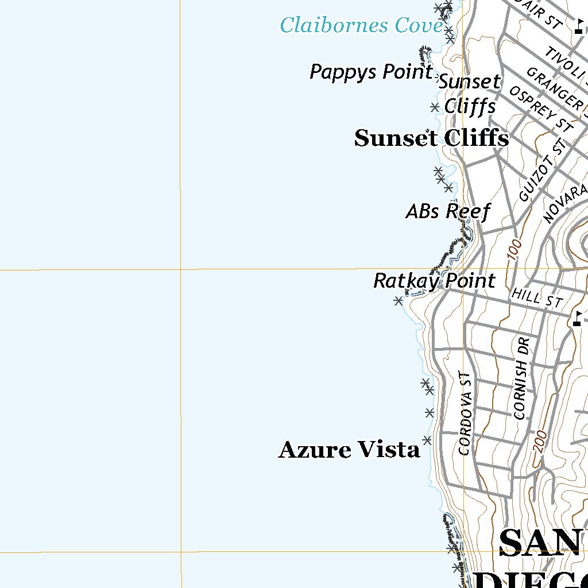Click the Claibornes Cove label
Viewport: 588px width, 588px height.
click(361, 25)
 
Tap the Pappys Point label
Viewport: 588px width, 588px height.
click(371, 72)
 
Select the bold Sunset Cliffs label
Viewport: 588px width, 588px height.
click(431, 138)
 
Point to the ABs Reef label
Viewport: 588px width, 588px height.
click(448, 211)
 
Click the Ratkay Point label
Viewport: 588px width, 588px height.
click(434, 281)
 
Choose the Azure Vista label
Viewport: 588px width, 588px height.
click(349, 450)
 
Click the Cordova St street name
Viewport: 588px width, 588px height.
click(466, 413)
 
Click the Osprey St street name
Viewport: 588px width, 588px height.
click(541, 109)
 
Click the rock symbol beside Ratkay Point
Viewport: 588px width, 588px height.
click(398, 300)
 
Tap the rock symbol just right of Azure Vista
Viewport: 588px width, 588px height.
click(427, 440)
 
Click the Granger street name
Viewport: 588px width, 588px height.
click(555, 88)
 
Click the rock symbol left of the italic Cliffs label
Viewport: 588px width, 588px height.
click(435, 107)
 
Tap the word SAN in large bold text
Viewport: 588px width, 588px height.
click(543, 543)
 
